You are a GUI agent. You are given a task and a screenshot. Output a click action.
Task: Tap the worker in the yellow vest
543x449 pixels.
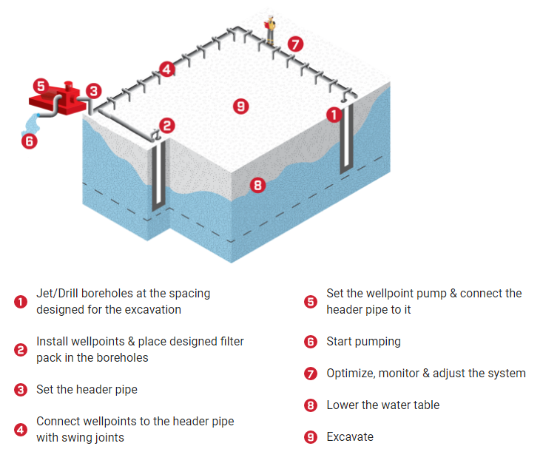click(x=271, y=27)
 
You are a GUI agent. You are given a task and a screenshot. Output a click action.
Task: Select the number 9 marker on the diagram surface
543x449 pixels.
click(x=240, y=106)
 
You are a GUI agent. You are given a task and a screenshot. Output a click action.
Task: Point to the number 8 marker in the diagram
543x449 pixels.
click(x=257, y=185)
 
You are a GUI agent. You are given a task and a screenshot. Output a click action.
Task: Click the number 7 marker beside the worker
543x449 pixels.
click(x=295, y=44)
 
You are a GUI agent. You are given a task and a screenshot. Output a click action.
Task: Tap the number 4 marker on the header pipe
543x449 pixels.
click(x=166, y=70)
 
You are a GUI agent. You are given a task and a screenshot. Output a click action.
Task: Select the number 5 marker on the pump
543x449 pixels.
click(x=41, y=87)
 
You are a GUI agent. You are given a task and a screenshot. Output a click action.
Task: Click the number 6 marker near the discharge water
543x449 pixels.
click(x=28, y=141)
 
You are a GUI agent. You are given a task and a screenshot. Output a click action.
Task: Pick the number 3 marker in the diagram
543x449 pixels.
click(x=93, y=91)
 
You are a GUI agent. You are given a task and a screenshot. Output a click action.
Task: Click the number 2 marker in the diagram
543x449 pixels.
click(x=167, y=126)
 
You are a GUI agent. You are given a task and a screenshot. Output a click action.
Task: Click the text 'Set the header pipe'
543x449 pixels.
click(x=86, y=389)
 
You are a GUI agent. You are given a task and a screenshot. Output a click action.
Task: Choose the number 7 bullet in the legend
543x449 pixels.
click(x=311, y=374)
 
